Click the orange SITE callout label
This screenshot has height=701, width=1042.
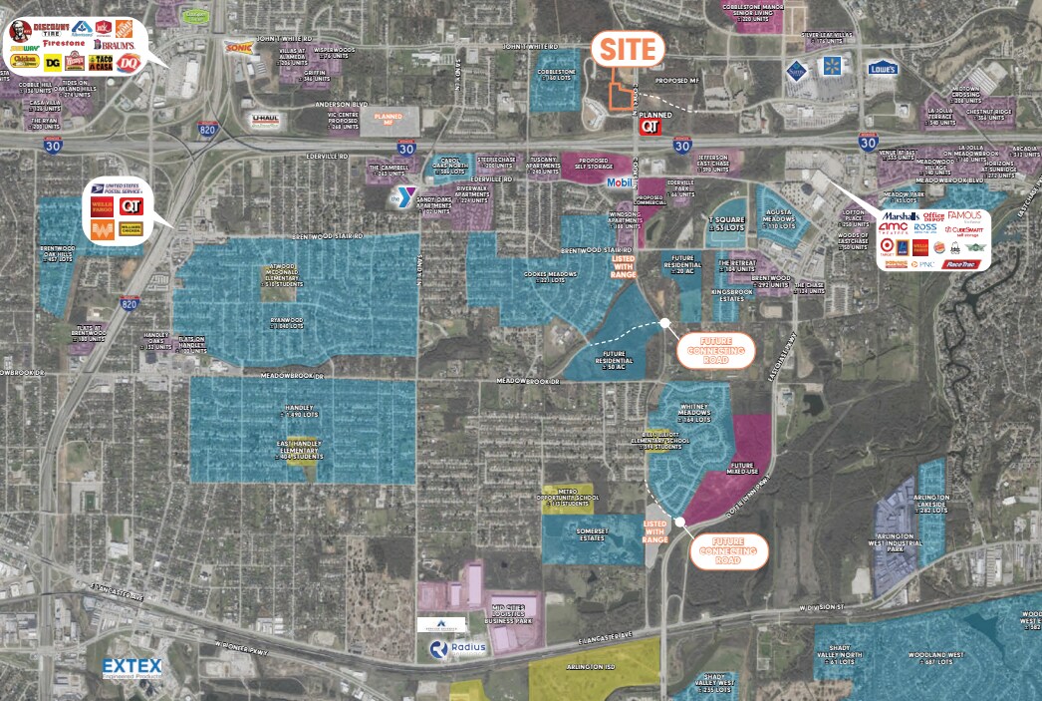tap(629, 50)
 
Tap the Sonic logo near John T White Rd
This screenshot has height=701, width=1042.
tap(238, 47)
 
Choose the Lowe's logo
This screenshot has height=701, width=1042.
tap(882, 69)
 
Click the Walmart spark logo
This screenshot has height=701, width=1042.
tap(833, 67)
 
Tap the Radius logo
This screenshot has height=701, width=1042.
tap(458, 647)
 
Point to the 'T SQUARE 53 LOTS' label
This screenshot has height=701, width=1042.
tap(725, 223)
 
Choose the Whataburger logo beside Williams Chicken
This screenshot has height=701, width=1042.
tap(101, 229)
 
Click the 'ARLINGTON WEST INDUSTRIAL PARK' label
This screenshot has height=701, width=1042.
tap(894, 542)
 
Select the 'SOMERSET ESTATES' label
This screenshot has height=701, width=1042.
tap(592, 534)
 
